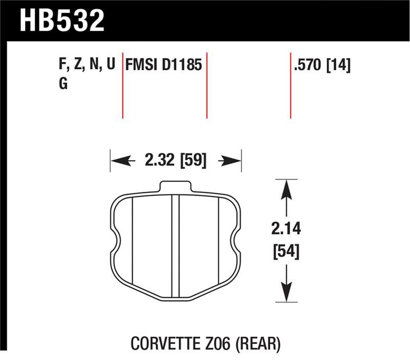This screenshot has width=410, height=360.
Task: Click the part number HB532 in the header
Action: [62, 20]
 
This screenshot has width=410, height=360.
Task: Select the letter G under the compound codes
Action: [64, 84]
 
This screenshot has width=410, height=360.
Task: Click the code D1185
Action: [183, 66]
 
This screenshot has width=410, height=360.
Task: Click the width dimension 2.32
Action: [160, 161]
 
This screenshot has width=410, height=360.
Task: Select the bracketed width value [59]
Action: [193, 161]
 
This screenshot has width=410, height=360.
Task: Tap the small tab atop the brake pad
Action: [176, 187]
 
